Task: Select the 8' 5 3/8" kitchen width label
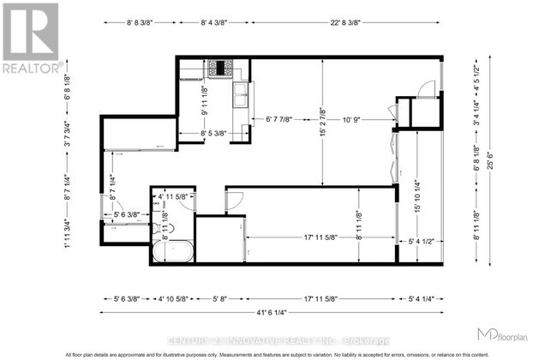(x=214, y=133)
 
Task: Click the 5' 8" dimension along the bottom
(x=220, y=298)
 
